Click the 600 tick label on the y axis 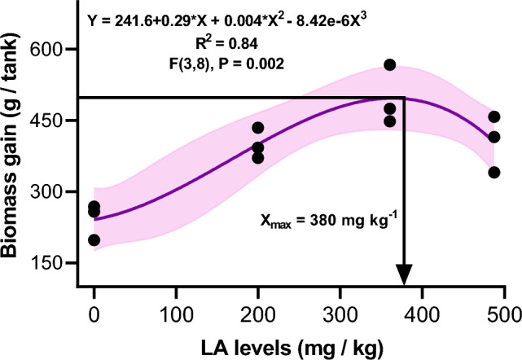pyautogui.click(x=48, y=50)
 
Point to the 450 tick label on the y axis pyautogui.click(x=48, y=121)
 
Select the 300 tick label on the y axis pyautogui.click(x=48, y=191)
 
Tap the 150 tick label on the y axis pyautogui.click(x=48, y=262)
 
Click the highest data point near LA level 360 pyautogui.click(x=390, y=64)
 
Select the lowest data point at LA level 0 pyautogui.click(x=94, y=239)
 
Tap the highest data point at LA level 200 pyautogui.click(x=258, y=127)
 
